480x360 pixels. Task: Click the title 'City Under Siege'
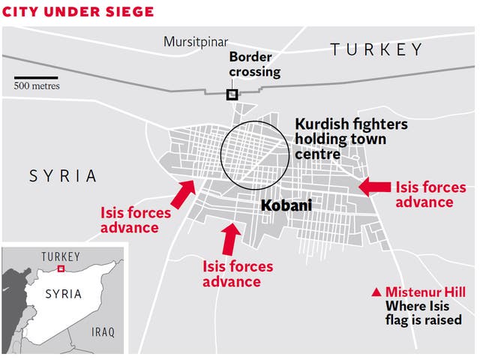click(x=79, y=12)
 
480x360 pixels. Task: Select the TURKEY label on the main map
click(x=376, y=50)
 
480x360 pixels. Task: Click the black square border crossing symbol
click(x=232, y=94)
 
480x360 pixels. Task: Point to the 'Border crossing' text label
click(x=255, y=64)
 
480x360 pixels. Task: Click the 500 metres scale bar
click(x=36, y=77)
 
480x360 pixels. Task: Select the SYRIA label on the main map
click(x=63, y=176)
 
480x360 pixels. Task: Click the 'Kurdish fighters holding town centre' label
click(x=351, y=139)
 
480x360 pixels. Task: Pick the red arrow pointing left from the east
click(x=374, y=187)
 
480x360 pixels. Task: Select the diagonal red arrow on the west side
click(x=181, y=194)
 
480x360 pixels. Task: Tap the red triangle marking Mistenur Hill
click(x=376, y=292)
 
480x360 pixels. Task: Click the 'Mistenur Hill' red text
click(x=425, y=292)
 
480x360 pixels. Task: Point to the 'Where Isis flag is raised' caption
click(x=423, y=313)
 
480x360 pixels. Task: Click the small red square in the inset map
click(x=61, y=268)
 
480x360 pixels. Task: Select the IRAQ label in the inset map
click(x=102, y=331)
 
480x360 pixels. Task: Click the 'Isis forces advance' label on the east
click(x=430, y=194)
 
